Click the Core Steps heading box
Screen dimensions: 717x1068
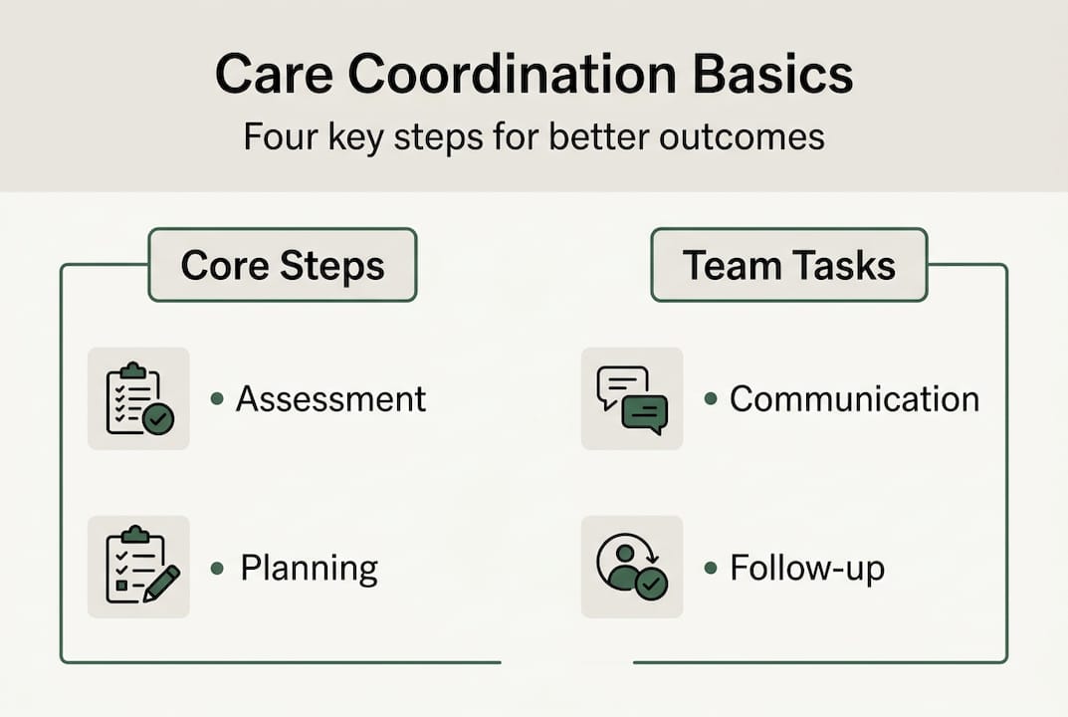click(283, 265)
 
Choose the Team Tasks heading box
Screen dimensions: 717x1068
click(788, 265)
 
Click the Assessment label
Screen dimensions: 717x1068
click(330, 398)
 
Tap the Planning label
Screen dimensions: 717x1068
click(309, 569)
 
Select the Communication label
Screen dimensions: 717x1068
click(854, 398)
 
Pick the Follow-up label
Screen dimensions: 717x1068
click(806, 569)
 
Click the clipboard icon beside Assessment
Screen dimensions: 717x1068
click(138, 398)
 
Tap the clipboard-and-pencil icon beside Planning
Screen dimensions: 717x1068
click(138, 568)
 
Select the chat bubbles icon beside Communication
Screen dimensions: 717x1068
click(632, 398)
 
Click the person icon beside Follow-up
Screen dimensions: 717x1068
click(632, 568)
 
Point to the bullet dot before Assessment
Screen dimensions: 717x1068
click(217, 399)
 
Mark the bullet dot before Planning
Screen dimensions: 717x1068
click(217, 570)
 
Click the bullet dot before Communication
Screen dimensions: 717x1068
click(711, 399)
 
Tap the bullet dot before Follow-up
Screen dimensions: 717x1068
click(711, 570)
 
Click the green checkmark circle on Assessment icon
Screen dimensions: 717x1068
click(158, 419)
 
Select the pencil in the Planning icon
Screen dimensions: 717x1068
click(161, 584)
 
